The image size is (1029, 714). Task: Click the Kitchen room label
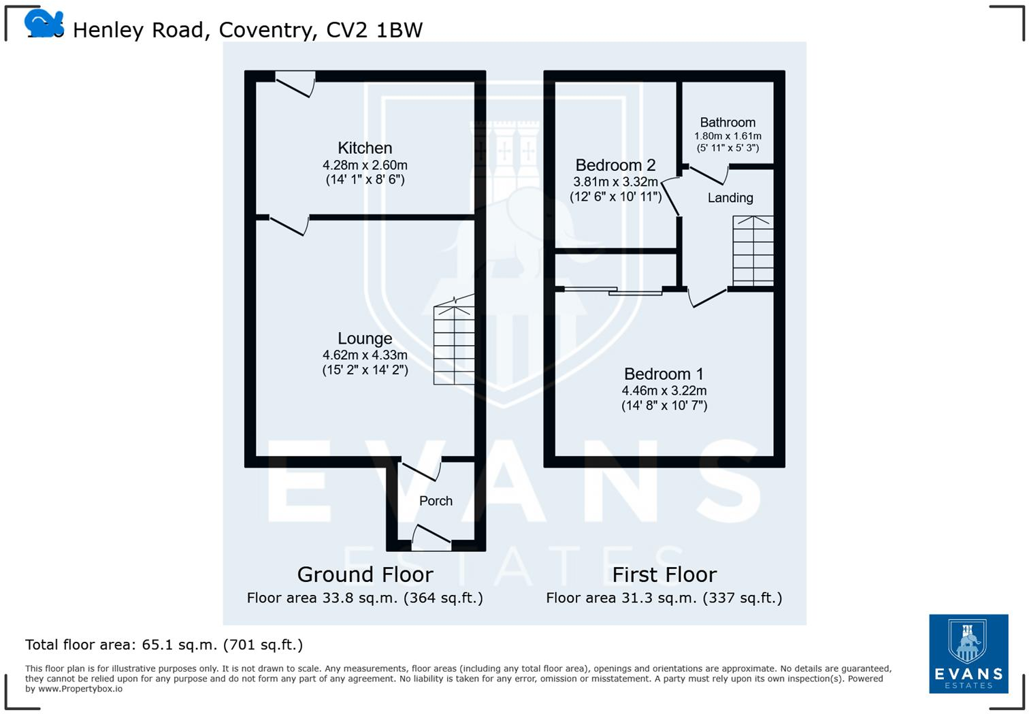(365, 148)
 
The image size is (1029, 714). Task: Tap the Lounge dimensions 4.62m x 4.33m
(365, 355)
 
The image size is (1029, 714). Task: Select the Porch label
(436, 501)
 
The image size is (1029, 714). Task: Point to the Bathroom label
(728, 123)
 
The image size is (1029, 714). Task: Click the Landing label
(730, 198)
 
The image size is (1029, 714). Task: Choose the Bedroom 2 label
(615, 165)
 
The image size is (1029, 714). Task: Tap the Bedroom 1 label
(664, 374)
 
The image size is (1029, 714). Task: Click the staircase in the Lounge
(454, 344)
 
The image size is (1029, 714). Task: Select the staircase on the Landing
(753, 250)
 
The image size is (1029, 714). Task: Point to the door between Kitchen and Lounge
(289, 225)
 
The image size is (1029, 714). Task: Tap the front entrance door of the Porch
(431, 538)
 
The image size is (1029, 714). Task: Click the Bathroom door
(708, 174)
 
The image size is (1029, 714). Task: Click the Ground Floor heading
(365, 574)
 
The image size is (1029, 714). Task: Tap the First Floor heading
(664, 574)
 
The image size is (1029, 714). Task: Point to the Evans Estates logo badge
(968, 653)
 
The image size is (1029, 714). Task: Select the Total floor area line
(164, 645)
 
